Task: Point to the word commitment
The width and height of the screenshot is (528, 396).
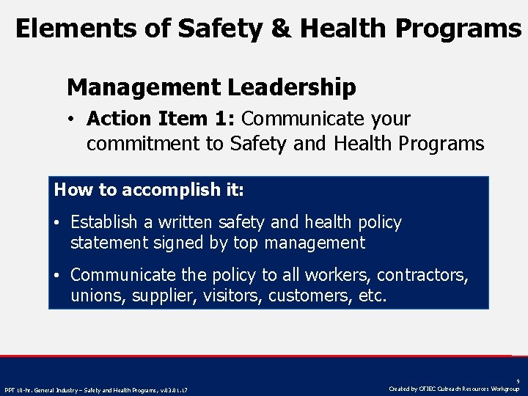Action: [x=144, y=144]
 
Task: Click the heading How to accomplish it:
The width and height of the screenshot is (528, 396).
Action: [x=149, y=190]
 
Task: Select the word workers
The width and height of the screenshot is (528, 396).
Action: [x=337, y=275]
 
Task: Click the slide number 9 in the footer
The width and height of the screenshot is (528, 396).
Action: [x=517, y=381]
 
